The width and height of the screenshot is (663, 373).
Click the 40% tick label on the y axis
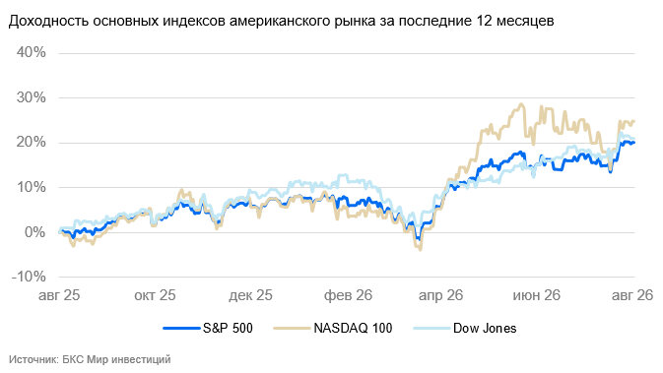31,52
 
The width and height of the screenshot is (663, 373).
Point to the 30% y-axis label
31,97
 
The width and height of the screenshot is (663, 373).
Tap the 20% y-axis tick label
31,142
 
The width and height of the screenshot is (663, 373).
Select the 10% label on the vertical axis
31,187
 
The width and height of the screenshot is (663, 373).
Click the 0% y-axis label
34,231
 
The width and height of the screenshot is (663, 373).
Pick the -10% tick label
29,277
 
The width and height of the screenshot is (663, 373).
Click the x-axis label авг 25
59,295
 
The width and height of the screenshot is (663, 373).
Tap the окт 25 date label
155,295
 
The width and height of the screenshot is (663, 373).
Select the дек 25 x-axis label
251,295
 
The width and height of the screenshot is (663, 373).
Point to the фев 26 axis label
348,295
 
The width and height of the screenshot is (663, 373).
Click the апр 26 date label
441,295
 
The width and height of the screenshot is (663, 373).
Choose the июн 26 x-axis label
537,295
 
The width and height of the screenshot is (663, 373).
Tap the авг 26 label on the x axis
632,295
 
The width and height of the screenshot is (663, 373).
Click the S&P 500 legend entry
228,328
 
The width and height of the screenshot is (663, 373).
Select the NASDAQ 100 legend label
353,328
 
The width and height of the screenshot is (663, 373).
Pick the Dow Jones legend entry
485,328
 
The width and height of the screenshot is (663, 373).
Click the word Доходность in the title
48,21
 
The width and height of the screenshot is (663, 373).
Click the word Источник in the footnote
33,359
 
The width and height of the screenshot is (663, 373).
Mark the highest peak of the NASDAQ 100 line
521,104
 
